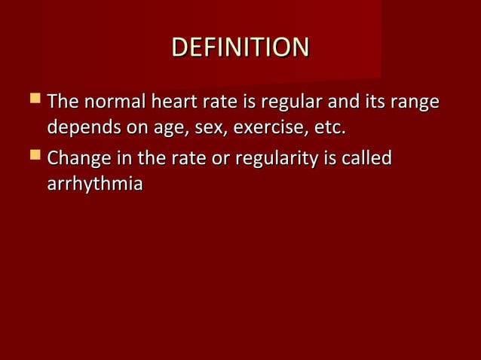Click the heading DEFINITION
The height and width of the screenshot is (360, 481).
[240, 47]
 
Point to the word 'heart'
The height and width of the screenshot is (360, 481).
[172, 101]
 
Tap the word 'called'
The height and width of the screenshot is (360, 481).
[367, 159]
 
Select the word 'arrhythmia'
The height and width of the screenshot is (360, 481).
[95, 186]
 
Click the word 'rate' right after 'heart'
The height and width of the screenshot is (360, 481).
[216, 101]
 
